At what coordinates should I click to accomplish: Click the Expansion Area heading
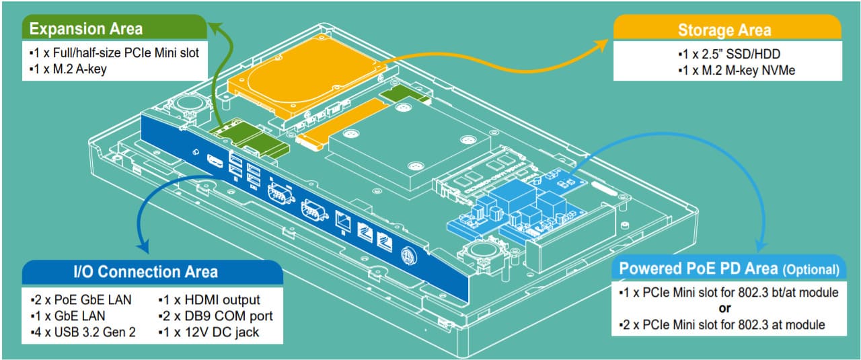point(86,29)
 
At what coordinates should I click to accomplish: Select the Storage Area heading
point(724,30)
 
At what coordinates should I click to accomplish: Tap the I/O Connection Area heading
point(145,271)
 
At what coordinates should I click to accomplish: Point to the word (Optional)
point(811,270)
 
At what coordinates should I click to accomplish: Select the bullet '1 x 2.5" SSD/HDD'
point(728,53)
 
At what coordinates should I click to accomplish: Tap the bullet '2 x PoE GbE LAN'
point(81,299)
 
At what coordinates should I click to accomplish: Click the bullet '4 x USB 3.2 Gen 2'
point(83,332)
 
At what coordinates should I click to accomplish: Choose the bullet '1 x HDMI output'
point(209,299)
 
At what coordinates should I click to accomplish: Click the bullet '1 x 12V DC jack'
point(211,332)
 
